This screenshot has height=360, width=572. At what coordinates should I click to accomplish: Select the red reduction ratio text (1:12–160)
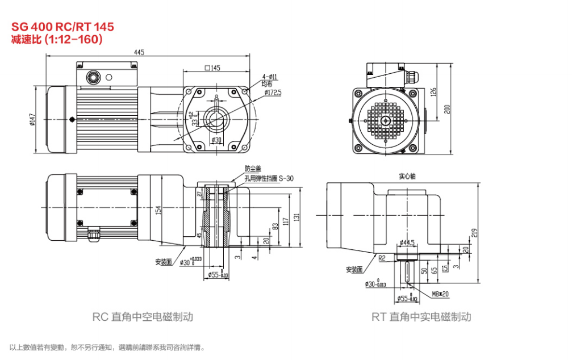[x=56, y=39]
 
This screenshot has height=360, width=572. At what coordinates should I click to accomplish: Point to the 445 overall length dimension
[x=139, y=52]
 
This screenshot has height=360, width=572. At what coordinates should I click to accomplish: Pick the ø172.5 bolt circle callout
[x=273, y=91]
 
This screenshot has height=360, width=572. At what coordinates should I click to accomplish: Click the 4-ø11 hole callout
[x=270, y=77]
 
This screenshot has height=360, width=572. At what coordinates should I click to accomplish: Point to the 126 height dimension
[x=433, y=91]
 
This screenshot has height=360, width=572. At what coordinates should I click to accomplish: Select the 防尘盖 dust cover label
[x=252, y=168]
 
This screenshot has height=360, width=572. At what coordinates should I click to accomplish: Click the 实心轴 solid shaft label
[x=407, y=176]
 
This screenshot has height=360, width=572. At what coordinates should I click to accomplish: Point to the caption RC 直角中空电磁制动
[x=143, y=317]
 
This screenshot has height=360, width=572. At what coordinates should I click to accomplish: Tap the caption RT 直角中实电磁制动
[x=421, y=317]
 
